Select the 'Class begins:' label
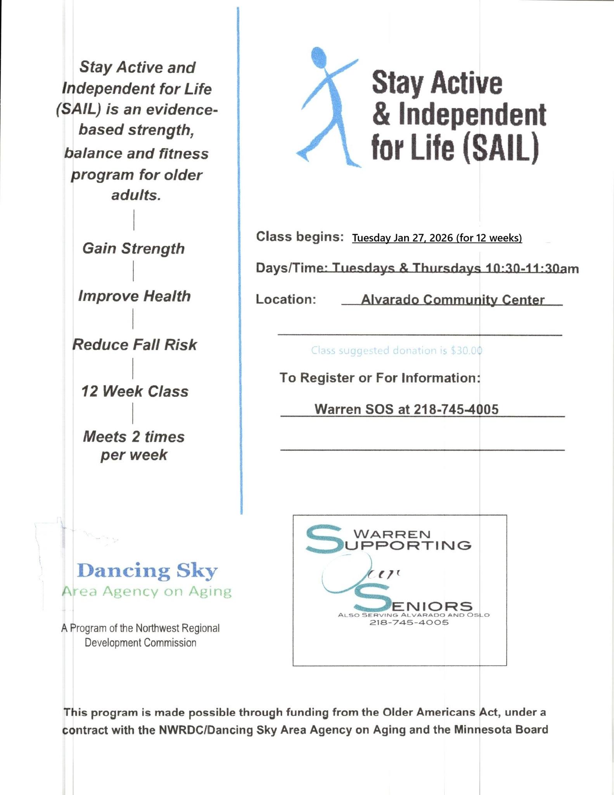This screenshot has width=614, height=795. [x=299, y=236]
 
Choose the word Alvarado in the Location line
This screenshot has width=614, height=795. [x=390, y=300]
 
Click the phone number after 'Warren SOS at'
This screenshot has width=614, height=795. [x=456, y=409]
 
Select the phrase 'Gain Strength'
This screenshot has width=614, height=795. [x=133, y=248]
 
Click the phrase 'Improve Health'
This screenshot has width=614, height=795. [x=134, y=296]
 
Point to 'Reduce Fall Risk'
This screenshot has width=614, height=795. [x=135, y=345]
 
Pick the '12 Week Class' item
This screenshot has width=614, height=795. [x=135, y=391]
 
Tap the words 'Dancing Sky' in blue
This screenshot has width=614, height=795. [x=147, y=571]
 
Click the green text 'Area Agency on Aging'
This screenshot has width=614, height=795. [x=147, y=592]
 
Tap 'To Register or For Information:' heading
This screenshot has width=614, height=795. [x=380, y=378]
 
